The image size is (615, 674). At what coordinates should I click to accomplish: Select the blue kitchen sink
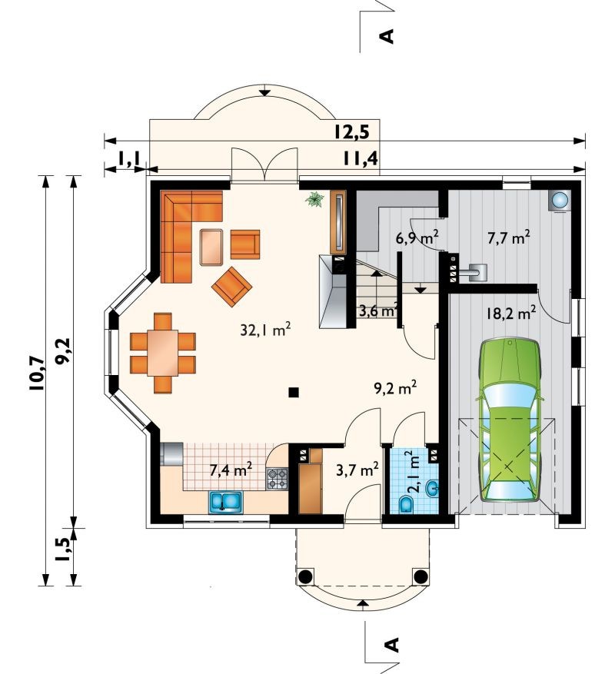coord(226,502)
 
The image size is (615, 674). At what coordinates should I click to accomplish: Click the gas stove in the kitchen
coord(278,479)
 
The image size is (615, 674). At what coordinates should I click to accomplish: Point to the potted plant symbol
coord(314,200)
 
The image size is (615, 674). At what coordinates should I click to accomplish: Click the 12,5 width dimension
coord(352,132)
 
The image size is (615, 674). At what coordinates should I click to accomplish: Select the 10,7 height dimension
coord(37,373)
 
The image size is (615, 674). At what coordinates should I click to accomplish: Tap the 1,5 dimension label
coord(64,549)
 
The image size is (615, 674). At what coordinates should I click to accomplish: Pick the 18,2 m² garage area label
coord(511,313)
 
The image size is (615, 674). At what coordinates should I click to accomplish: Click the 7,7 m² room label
coord(508,237)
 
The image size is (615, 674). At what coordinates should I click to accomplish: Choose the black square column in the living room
coord(294,392)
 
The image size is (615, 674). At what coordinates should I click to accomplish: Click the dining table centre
coord(162,353)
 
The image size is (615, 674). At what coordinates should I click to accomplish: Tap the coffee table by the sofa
coord(211,247)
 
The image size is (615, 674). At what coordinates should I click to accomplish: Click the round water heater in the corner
coord(560,200)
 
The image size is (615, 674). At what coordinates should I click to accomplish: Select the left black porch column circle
coord(305,576)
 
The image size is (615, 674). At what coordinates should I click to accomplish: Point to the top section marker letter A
coord(387,36)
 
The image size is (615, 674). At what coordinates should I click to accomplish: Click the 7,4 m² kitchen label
coord(231,470)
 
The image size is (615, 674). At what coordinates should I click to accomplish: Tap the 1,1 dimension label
coord(128,160)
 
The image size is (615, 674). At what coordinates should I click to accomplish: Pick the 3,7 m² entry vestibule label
coord(357,469)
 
